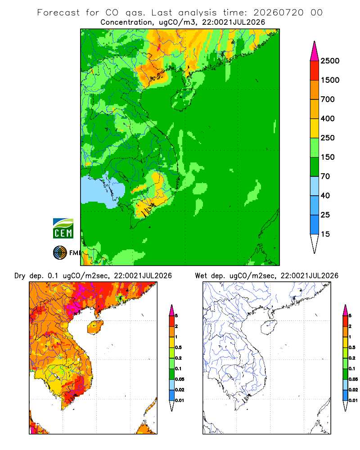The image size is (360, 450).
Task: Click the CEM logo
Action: point(63,229)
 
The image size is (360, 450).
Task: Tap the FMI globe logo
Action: point(60,253)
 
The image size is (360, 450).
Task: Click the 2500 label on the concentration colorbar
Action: point(330,61)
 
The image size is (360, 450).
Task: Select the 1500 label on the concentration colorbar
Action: point(330,80)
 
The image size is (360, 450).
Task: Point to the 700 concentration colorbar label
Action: point(328,99)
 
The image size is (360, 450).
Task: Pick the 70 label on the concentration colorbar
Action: point(325,176)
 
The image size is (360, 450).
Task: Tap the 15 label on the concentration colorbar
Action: point(325,234)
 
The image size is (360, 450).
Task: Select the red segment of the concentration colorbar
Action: point(315,71)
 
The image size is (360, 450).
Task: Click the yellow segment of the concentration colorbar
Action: point(315,128)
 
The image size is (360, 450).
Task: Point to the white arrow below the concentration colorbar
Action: point(315,243)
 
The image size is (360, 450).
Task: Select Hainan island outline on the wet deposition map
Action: point(269,327)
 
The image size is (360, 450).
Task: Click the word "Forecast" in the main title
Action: point(58,13)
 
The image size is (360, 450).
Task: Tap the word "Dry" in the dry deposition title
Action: point(20,276)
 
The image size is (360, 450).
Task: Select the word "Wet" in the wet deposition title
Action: point(201,276)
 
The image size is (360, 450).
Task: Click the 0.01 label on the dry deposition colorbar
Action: point(180,400)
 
